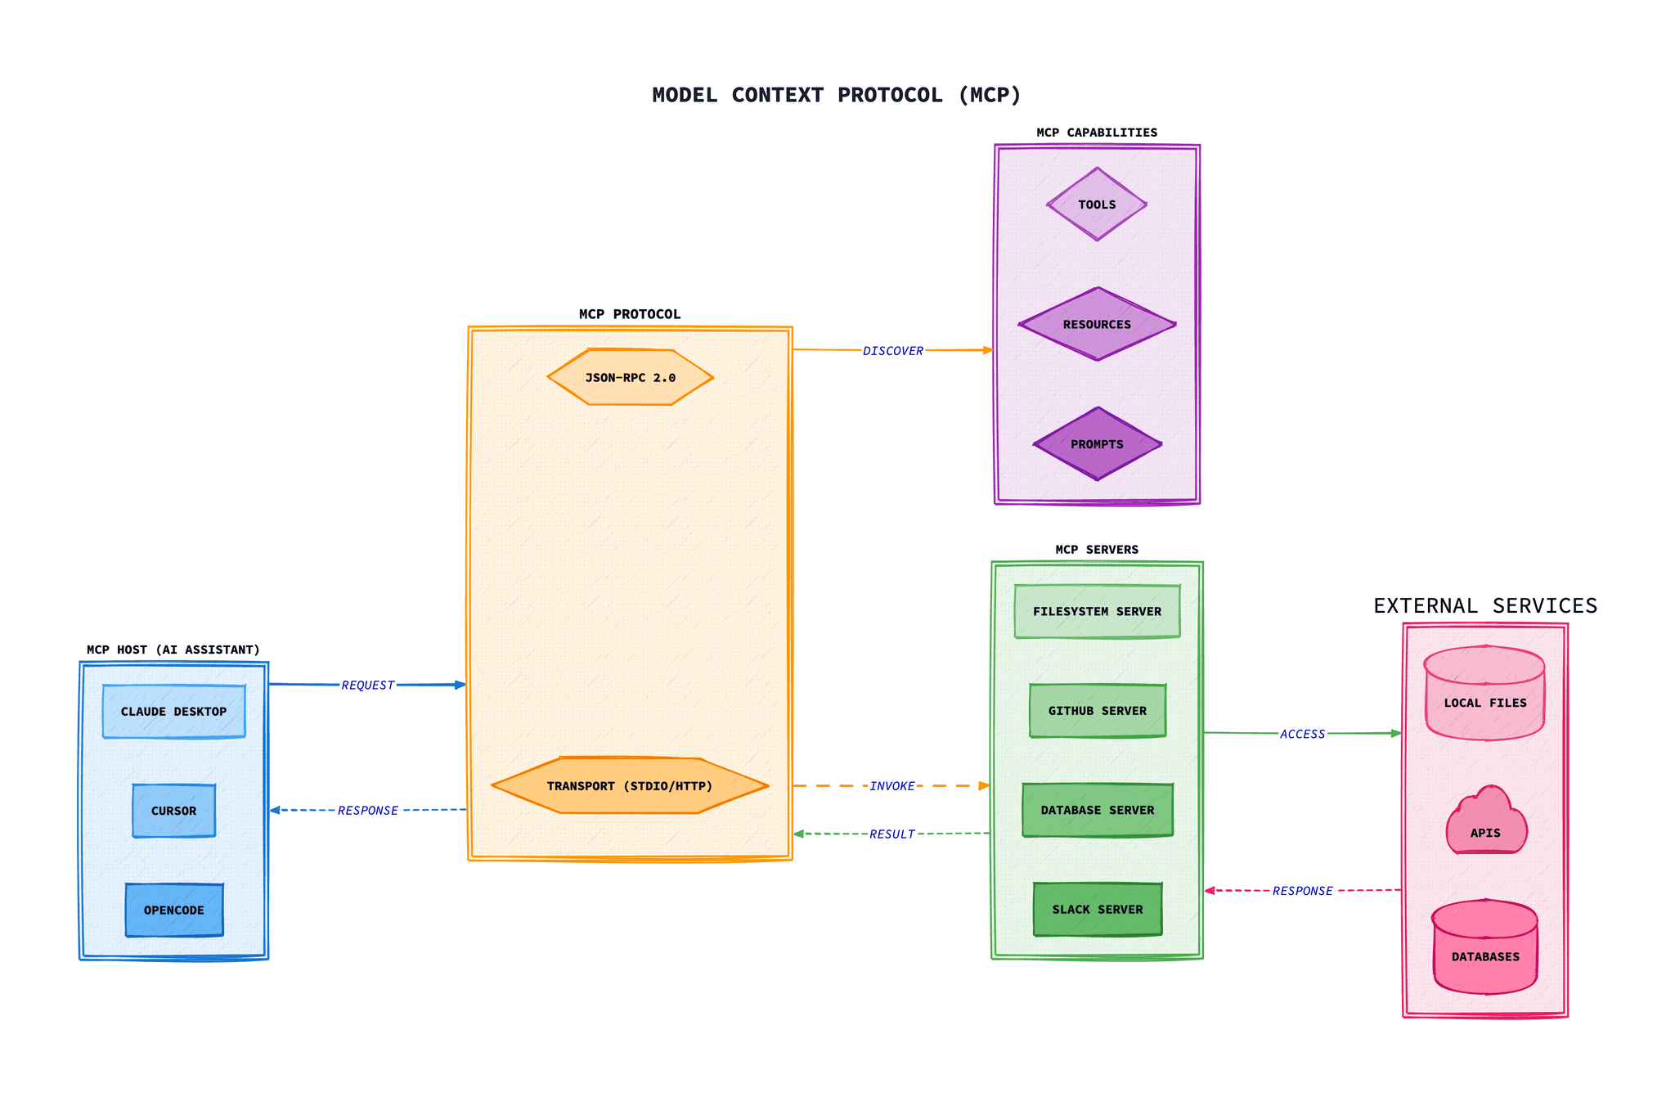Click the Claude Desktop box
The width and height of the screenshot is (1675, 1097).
coord(173,712)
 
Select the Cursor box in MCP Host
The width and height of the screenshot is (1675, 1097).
coord(173,811)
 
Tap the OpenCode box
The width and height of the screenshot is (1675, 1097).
coord(173,910)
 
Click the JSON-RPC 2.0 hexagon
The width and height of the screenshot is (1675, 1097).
coord(630,378)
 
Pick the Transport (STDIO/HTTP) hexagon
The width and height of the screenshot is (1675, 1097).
coord(630,786)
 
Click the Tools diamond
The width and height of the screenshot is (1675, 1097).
coord(1097,205)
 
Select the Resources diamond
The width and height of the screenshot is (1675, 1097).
coord(1097,324)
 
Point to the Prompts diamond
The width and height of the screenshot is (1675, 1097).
coord(1097,444)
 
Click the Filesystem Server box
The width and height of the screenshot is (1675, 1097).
coord(1097,611)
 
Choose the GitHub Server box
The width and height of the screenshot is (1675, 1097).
coord(1097,711)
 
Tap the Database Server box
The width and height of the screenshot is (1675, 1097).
coord(1097,810)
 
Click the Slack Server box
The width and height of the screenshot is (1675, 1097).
coord(1097,910)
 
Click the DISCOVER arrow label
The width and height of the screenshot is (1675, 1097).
coord(892,351)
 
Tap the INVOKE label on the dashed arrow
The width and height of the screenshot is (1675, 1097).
coord(891,786)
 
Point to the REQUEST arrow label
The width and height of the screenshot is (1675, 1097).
coord(367,686)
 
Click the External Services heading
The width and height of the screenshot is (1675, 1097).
coord(1484,606)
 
